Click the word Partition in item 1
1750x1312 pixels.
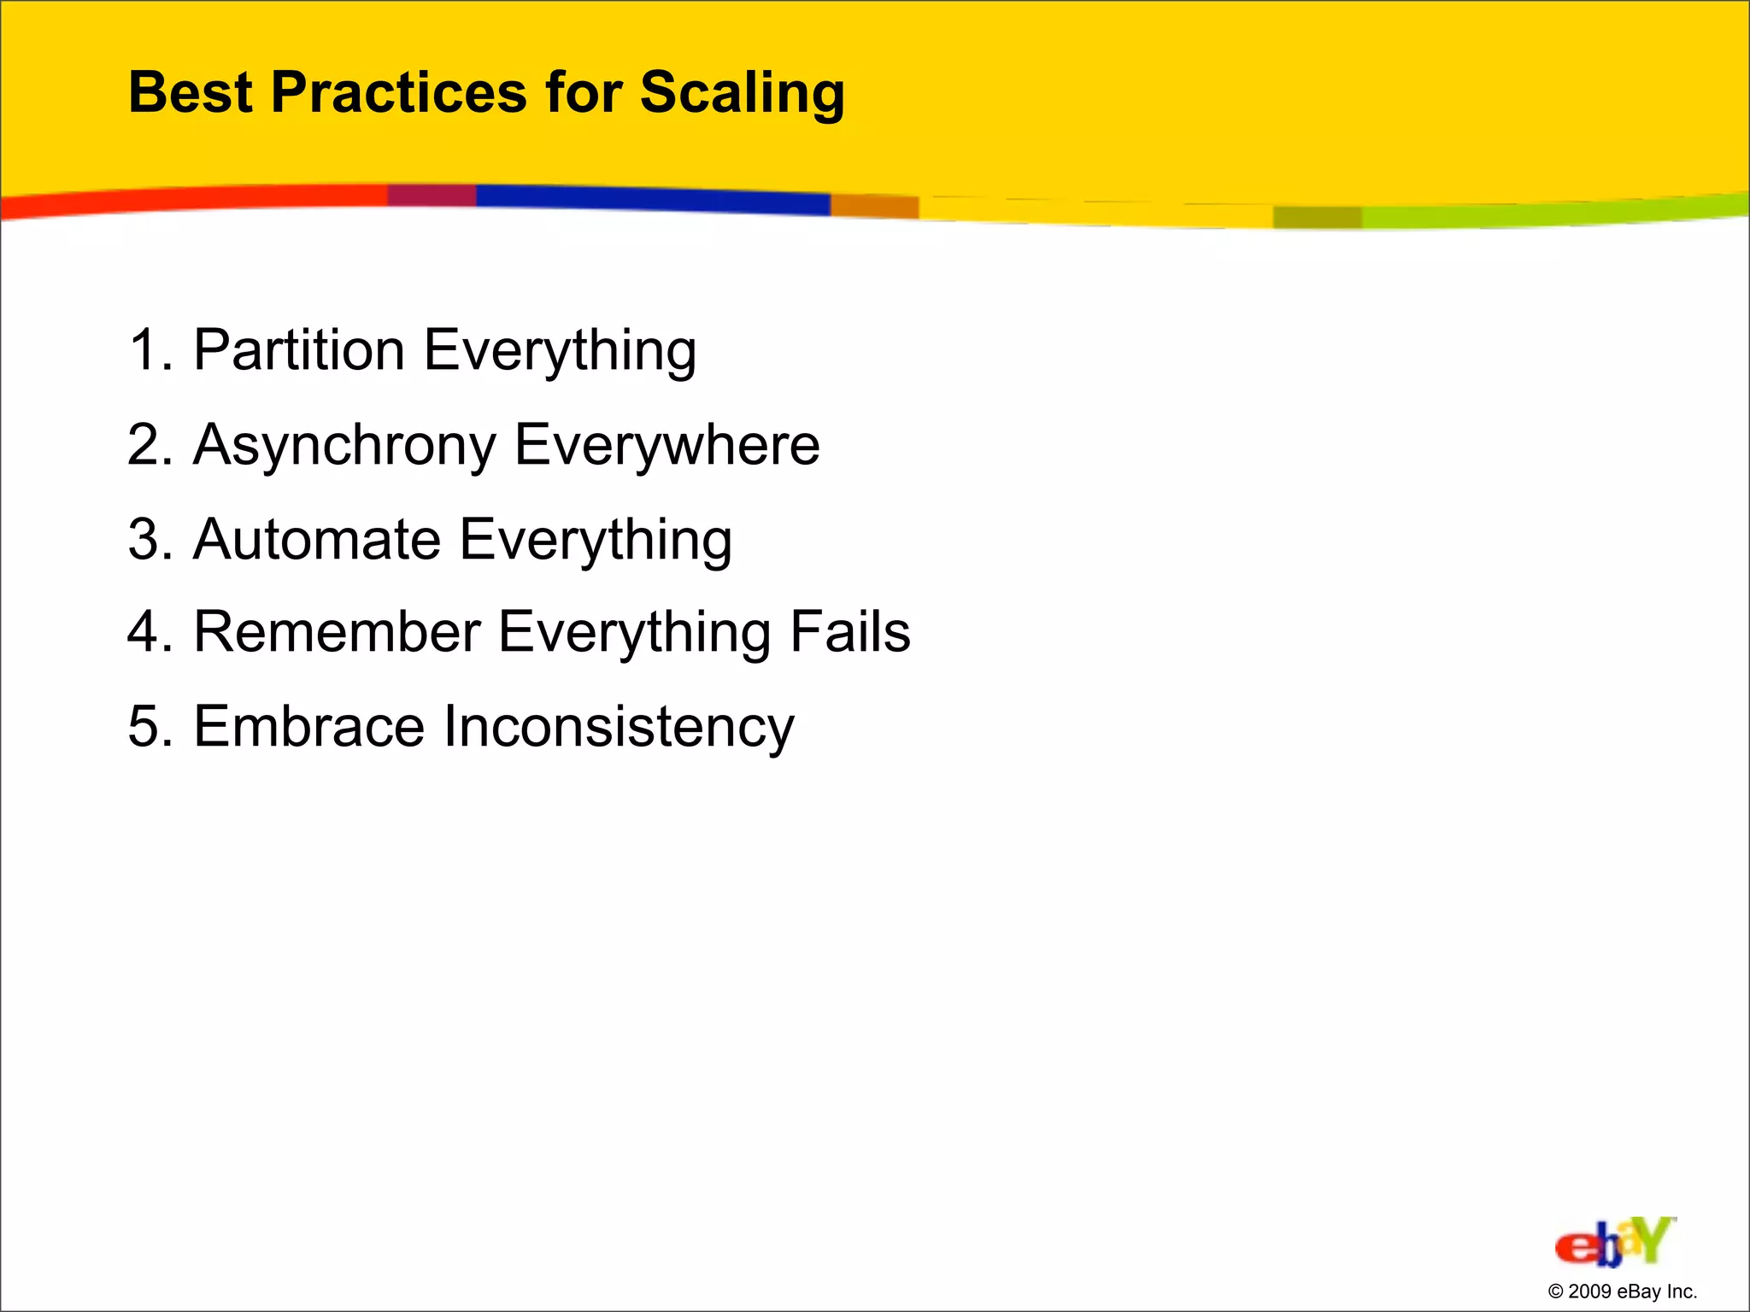(299, 350)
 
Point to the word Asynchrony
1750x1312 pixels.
(344, 446)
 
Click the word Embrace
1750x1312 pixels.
(308, 727)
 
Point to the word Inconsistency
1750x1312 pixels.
(619, 727)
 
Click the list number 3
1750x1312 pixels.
(144, 540)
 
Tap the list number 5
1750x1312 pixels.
(144, 727)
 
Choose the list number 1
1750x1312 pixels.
(144, 350)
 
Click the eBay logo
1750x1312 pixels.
(1614, 1243)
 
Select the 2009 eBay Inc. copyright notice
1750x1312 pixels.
(1622, 1291)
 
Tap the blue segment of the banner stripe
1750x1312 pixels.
(649, 200)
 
